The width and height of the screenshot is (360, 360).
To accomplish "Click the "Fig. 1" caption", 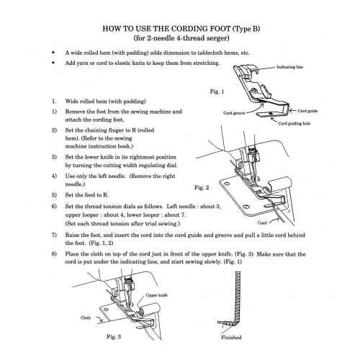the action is [x=217, y=91].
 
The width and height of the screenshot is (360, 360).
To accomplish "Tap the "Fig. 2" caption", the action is [x=202, y=187].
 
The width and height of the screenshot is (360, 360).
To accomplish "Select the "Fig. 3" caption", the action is [x=114, y=337].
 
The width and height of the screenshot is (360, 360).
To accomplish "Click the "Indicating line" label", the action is [x=290, y=67].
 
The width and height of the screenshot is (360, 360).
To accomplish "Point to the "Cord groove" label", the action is [x=234, y=113].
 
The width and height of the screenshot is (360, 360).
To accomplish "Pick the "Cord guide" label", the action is [x=307, y=111].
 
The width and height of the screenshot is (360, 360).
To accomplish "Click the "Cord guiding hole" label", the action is [x=294, y=123].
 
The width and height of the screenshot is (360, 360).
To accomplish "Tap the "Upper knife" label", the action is [x=157, y=295].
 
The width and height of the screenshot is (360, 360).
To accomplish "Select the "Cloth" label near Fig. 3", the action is [x=86, y=318].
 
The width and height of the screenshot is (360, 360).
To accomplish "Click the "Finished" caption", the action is [x=231, y=337].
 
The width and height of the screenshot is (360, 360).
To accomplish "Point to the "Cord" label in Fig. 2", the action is [x=262, y=222].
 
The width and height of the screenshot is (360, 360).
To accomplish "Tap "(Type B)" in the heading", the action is [x=246, y=29].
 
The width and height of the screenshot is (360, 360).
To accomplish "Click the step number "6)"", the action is [x=54, y=207].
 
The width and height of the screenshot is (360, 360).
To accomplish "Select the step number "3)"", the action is [x=54, y=157].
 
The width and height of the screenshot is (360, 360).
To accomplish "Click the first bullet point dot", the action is [x=53, y=53].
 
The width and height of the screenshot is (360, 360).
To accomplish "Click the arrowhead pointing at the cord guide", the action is [x=291, y=111].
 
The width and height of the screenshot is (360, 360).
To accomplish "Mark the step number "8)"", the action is [x=54, y=254].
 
